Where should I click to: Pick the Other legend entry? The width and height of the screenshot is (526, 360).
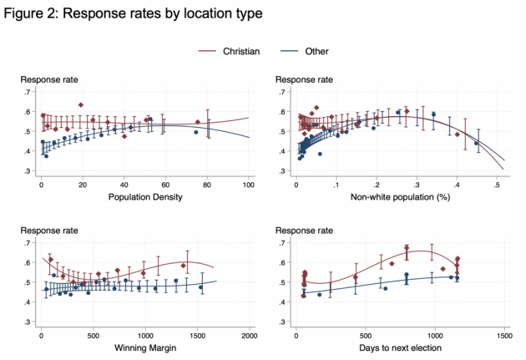(316, 52)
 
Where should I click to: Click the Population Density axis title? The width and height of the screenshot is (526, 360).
(144, 198)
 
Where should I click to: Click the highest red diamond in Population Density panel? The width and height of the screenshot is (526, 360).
(81, 105)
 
